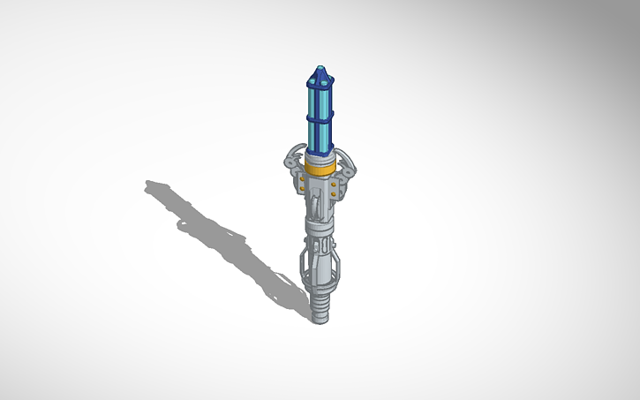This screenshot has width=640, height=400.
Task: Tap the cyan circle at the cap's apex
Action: pyautogui.click(x=320, y=67)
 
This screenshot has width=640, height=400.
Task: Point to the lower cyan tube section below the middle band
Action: pyautogui.click(x=320, y=132)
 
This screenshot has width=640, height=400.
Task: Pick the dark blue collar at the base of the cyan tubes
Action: pyautogui.click(x=320, y=151)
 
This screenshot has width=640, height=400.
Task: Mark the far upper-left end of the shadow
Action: pyautogui.click(x=150, y=185)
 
